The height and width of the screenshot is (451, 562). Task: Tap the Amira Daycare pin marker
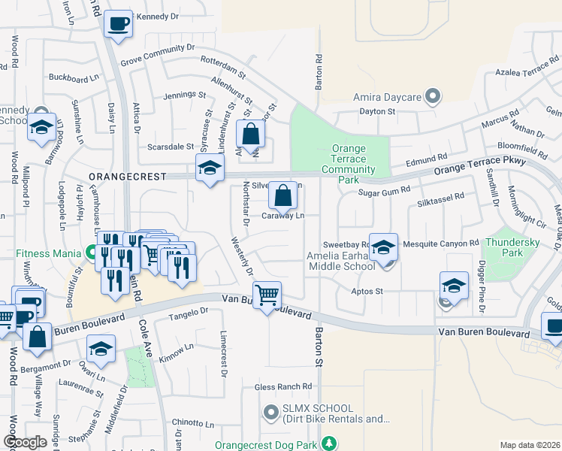click(x=432, y=97)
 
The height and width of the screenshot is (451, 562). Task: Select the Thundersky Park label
click(x=514, y=247)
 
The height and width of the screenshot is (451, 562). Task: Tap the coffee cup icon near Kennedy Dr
click(x=117, y=24)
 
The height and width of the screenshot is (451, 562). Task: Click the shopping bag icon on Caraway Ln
click(x=283, y=195)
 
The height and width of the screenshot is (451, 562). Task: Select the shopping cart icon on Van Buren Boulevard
click(x=267, y=295)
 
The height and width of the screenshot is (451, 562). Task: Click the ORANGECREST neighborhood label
click(x=122, y=176)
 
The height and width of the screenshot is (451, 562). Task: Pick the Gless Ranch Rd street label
click(x=283, y=387)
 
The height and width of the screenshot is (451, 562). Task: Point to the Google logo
click(x=25, y=442)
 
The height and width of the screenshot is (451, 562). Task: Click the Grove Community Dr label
click(x=157, y=56)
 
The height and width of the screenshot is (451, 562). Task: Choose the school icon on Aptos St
click(x=454, y=286)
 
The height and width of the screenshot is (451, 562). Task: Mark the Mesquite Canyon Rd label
click(x=440, y=244)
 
